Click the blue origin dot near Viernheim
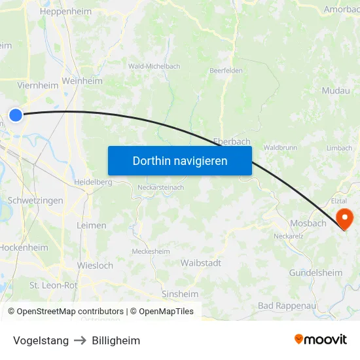16,115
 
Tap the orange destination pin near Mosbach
344,217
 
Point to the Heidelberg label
93,182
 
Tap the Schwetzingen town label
35,200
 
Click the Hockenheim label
24,247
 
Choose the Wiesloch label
95,266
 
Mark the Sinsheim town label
180,294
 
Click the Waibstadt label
200,262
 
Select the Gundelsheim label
315,272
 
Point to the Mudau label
336,91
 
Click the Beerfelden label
226,70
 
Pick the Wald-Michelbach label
154,66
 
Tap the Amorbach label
341,9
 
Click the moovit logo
321,339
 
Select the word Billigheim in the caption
116,340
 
